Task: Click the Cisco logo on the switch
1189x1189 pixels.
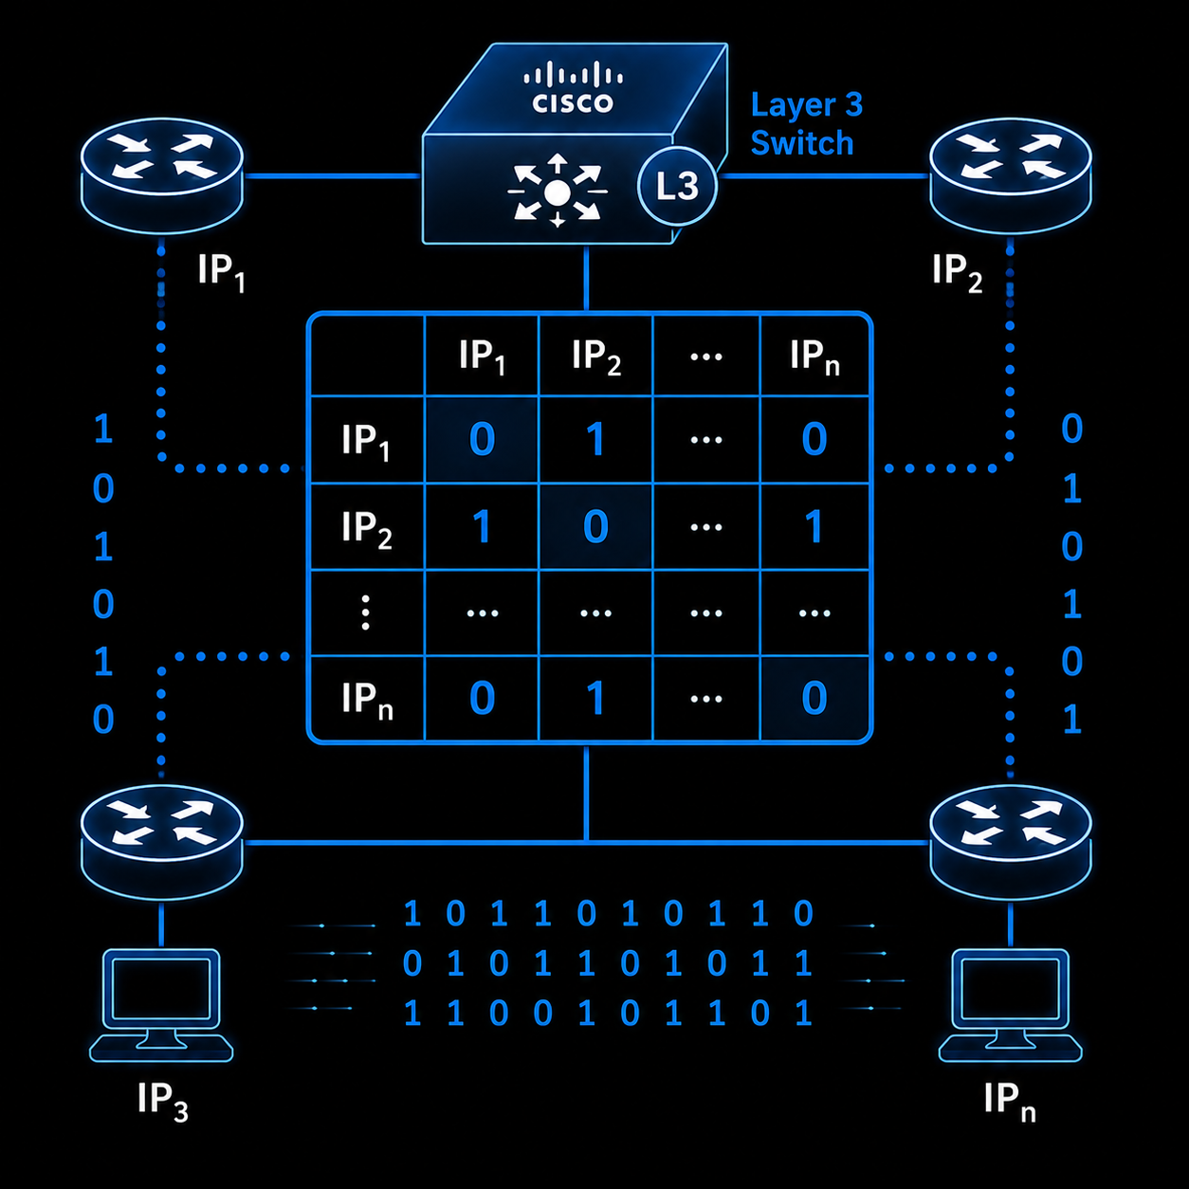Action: tap(573, 87)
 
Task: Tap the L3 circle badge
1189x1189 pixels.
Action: tap(677, 186)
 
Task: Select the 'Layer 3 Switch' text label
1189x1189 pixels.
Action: tap(806, 124)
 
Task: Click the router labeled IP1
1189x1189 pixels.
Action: tap(161, 175)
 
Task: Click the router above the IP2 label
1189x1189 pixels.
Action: tap(1010, 175)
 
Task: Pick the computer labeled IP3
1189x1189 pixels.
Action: tap(161, 1005)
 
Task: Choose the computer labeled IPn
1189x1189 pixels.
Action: tap(1010, 1005)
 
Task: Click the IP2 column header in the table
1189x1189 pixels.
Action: tap(595, 356)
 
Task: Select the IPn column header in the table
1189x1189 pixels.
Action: tap(814, 356)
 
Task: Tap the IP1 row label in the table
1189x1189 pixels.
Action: tap(367, 440)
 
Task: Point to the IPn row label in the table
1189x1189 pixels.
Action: tap(367, 699)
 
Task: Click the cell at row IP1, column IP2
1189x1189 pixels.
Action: tap(595, 440)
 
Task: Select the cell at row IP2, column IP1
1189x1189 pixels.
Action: tap(482, 527)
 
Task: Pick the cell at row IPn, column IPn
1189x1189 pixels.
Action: tap(814, 699)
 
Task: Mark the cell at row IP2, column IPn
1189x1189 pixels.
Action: tap(814, 527)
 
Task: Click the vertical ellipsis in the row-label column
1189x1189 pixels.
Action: tap(366, 613)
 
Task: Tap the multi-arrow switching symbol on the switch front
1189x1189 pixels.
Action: tap(558, 192)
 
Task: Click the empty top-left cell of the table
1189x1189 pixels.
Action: tap(367, 356)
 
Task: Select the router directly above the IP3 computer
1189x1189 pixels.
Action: tap(161, 842)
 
